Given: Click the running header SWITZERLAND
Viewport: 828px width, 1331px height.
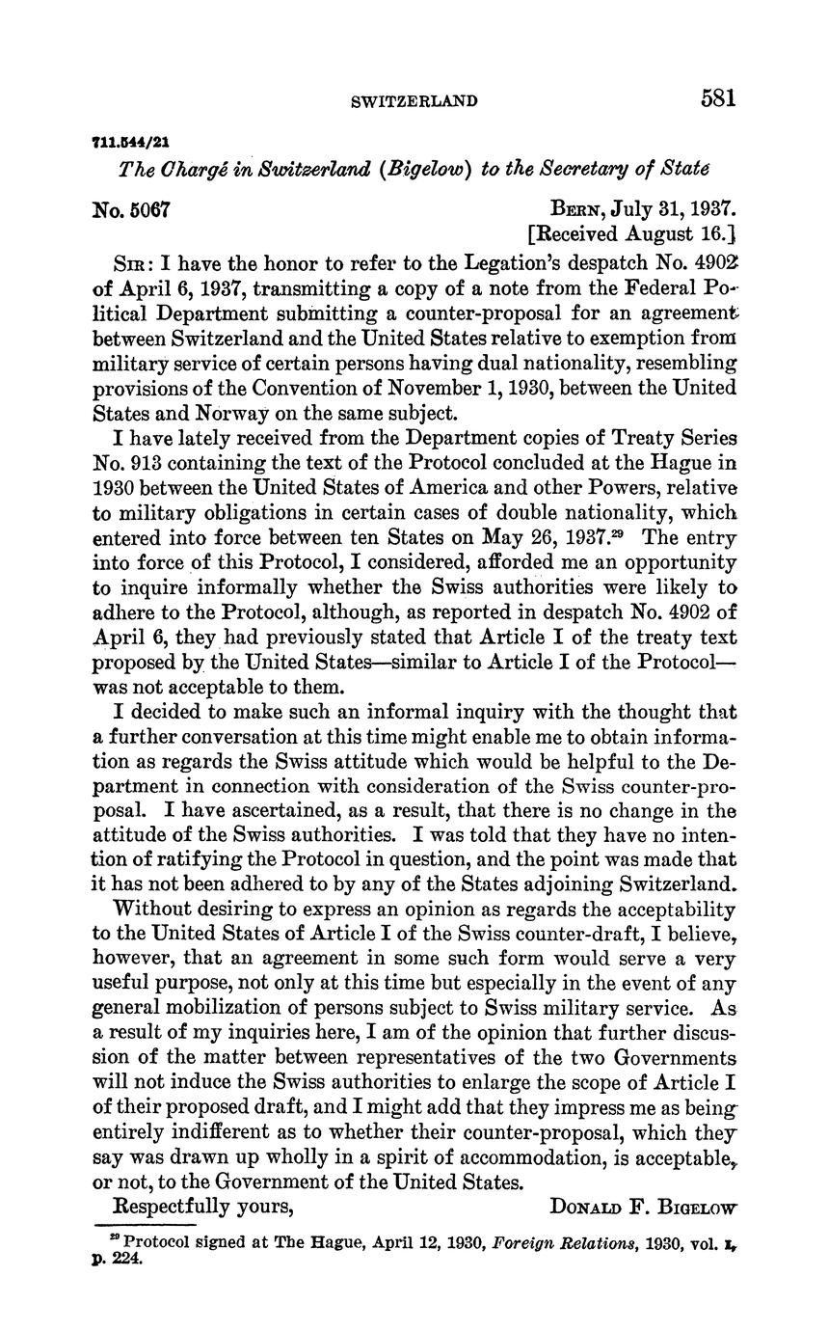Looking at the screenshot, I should tap(415, 100).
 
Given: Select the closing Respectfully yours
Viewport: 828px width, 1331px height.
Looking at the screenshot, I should tap(203, 1206).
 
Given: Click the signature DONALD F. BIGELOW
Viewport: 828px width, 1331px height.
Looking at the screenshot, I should tap(643, 1207).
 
